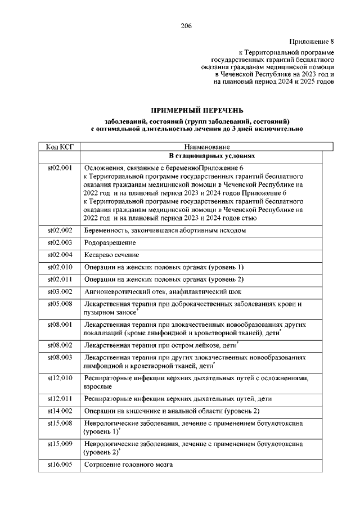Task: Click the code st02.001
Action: click(x=60, y=168)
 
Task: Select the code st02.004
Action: click(x=60, y=255)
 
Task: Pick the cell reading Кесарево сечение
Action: click(x=112, y=255)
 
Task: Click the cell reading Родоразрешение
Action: click(x=110, y=242)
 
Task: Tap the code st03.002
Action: click(x=60, y=291)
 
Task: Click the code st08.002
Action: click(x=60, y=344)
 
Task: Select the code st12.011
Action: click(x=60, y=398)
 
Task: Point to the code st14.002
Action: click(x=60, y=411)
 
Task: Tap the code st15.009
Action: click(x=60, y=444)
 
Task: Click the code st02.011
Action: click(x=60, y=279)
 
